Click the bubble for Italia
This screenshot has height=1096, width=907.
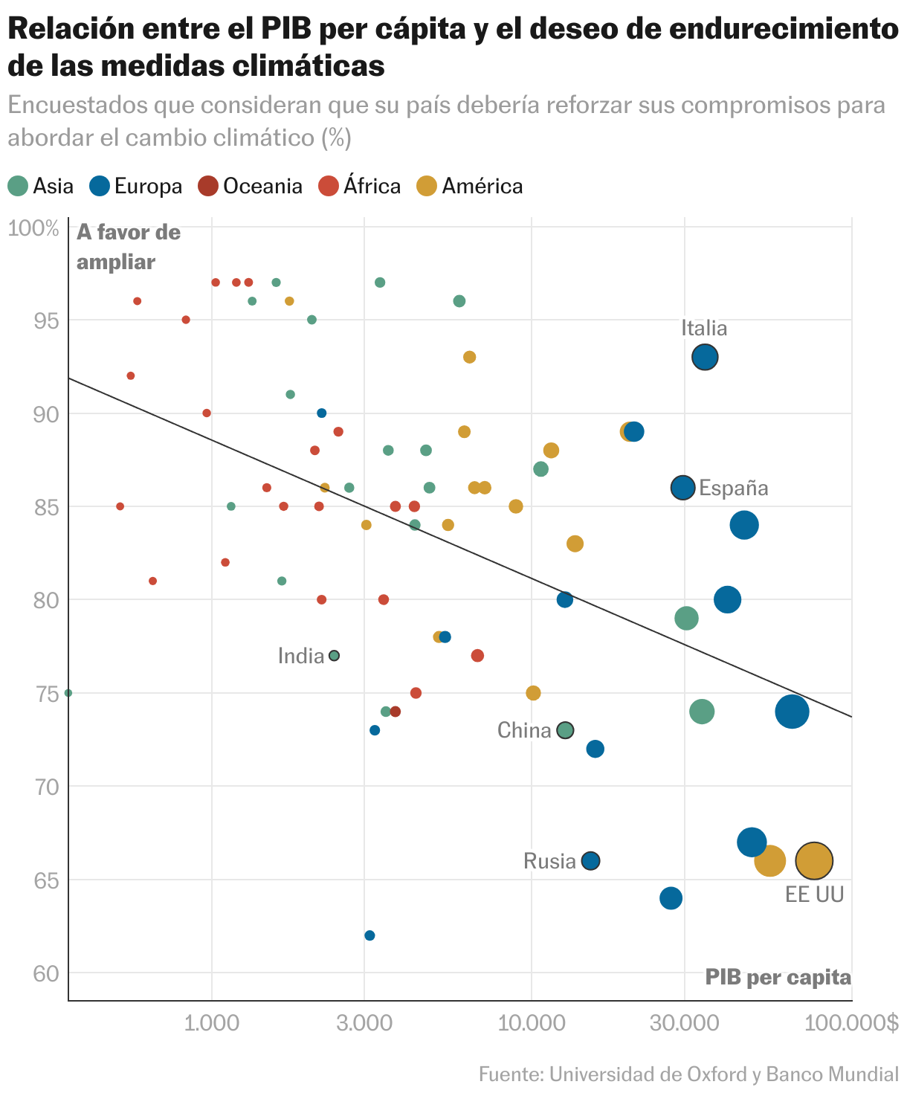point(705,357)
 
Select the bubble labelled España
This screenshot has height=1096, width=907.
point(682,488)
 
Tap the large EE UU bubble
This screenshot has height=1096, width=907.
point(814,861)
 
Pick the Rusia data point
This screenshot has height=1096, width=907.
point(590,861)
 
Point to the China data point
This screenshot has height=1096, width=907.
point(565,730)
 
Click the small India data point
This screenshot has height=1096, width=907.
point(335,655)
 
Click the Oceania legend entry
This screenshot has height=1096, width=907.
point(251,186)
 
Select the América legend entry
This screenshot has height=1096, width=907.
point(470,186)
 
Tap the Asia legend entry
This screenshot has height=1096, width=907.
point(41,186)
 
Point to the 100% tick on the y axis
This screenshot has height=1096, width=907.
point(33,228)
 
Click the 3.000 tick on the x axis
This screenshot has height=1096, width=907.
point(364,1023)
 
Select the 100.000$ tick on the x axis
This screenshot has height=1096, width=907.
point(851,1023)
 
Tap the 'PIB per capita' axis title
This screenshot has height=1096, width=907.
point(778,977)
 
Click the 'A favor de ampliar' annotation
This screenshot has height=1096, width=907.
point(128,247)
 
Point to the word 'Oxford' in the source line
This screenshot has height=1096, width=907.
point(711,1074)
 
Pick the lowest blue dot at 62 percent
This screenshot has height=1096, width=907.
point(369,935)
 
